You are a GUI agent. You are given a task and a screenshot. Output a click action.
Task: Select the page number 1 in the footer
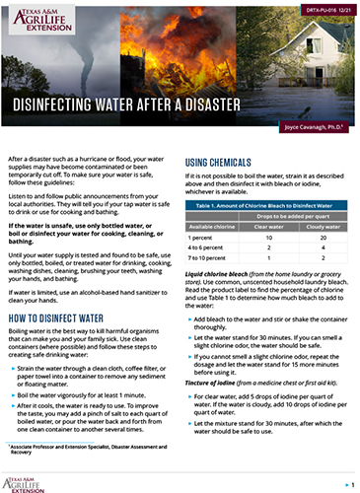[350, 485]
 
